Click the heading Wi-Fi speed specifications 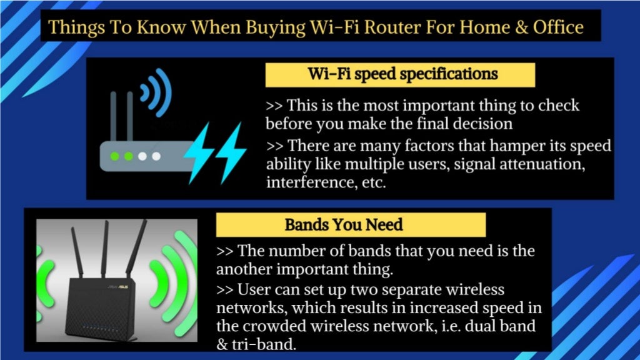pos(402,74)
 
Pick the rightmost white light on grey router pos(156,156)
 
